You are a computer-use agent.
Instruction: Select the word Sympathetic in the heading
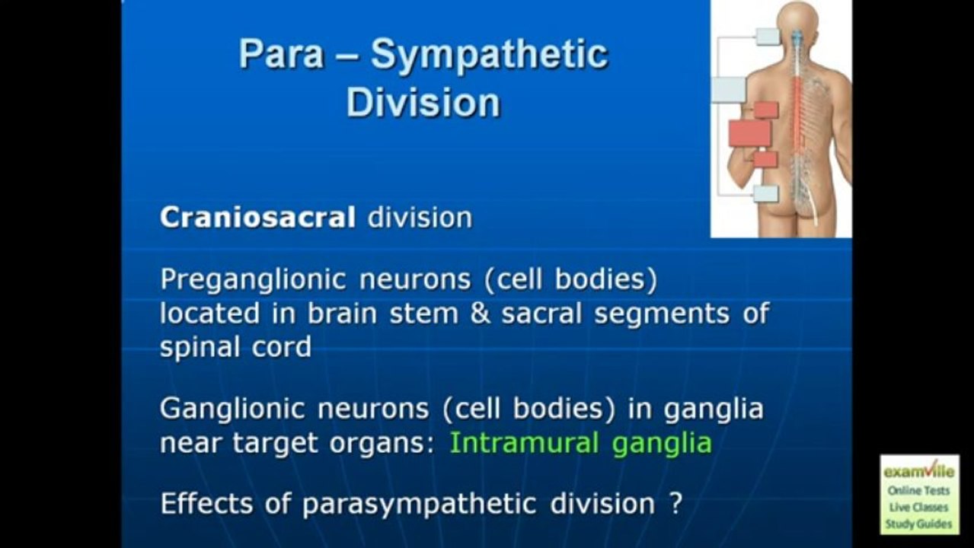click(489, 56)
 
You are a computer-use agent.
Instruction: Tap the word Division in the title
click(423, 103)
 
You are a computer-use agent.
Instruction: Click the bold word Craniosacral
click(257, 218)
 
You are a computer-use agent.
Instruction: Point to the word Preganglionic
click(252, 281)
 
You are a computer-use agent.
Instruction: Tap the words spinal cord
click(235, 347)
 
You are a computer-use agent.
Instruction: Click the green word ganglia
click(661, 444)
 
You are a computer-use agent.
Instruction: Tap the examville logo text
click(918, 472)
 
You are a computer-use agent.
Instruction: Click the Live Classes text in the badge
click(918, 508)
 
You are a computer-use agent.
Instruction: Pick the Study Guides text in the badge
click(918, 524)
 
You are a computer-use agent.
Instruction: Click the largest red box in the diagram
click(749, 134)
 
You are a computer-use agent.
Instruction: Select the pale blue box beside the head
click(768, 36)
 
